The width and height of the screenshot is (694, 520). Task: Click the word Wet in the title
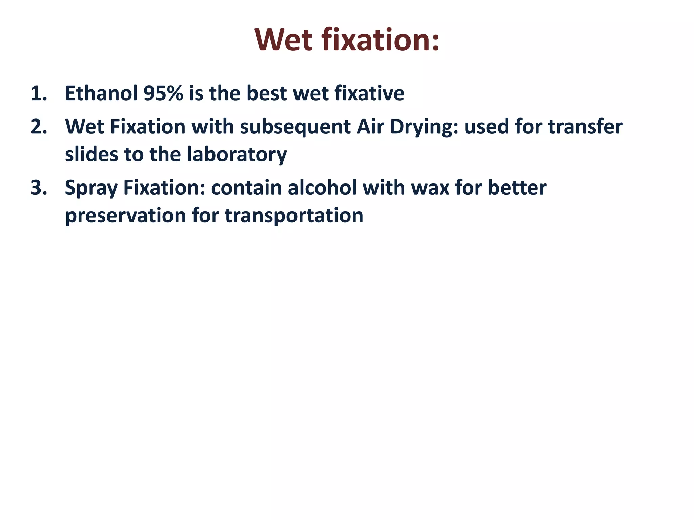283,40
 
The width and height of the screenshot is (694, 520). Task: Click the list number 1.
39,93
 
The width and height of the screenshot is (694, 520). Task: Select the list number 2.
39,127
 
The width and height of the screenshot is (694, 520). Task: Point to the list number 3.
39,188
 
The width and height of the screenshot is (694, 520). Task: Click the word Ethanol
101,93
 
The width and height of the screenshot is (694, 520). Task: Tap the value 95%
163,93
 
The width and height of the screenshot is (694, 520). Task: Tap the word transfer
585,127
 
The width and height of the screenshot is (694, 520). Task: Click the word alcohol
322,188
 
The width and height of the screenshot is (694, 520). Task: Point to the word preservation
125,216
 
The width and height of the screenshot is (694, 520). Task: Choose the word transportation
294,216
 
